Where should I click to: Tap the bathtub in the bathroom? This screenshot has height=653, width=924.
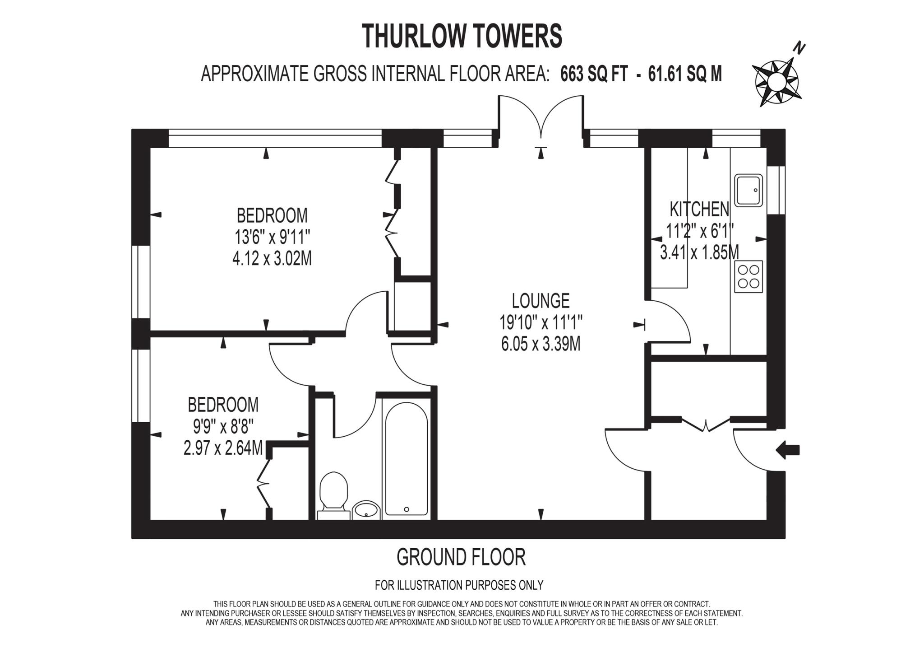click(x=406, y=458)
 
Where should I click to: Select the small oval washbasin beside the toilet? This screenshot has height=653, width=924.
click(x=366, y=510)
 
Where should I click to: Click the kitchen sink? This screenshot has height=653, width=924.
click(x=748, y=190)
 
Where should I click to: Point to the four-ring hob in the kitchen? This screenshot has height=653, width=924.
click(x=748, y=276)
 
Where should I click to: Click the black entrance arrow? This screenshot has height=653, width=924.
click(x=787, y=450)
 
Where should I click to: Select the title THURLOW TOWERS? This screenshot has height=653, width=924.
click(x=462, y=36)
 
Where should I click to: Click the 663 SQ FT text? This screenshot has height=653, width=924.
click(x=593, y=74)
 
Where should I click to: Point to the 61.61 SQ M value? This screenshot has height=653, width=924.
click(x=685, y=74)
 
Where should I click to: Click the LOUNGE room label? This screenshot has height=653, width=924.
click(x=541, y=301)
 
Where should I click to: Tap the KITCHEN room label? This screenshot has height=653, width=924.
click(x=699, y=209)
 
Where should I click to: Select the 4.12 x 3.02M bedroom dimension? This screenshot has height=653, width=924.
click(x=272, y=259)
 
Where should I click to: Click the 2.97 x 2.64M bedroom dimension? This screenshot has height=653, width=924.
click(x=223, y=448)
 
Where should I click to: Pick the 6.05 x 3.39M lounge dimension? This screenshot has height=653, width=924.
click(x=541, y=344)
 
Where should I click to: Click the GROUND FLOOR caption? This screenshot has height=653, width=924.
click(x=461, y=557)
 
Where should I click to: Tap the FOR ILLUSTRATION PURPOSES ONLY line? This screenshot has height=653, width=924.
click(x=459, y=585)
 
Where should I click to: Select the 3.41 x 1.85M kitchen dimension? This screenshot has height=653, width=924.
click(x=699, y=252)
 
